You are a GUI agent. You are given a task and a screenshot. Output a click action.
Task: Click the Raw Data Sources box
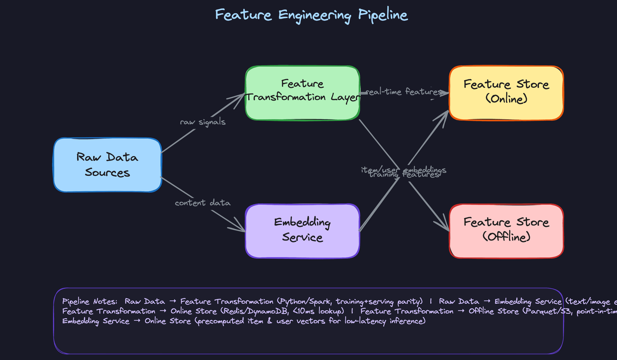[107, 165]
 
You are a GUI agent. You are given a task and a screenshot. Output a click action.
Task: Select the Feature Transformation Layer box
[302, 93]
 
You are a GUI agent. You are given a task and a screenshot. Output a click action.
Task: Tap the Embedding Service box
[302, 231]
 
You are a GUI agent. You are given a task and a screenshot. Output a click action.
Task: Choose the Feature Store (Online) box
[506, 93]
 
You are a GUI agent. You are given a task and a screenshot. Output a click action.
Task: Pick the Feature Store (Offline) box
[506, 231]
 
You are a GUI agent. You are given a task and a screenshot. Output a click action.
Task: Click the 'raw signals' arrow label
[203, 122]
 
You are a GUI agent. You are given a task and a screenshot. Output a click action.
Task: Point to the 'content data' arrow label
[203, 203]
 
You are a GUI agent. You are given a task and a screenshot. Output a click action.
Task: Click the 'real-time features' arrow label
[404, 92]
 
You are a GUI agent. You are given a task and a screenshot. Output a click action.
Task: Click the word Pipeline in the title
[383, 15]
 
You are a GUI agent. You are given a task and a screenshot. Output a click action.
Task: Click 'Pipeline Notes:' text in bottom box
[90, 301]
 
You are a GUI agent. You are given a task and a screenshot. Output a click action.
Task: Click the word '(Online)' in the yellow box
[506, 99]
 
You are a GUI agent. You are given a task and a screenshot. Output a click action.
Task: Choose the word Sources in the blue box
[107, 173]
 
